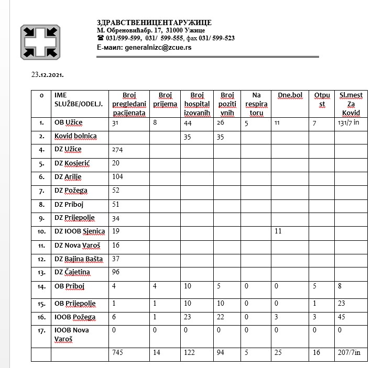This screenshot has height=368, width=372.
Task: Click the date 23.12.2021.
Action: [x=48, y=74]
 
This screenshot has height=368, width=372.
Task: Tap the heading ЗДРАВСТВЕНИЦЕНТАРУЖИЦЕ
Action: [x=154, y=23]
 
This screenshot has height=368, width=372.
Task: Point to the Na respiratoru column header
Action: [x=256, y=104]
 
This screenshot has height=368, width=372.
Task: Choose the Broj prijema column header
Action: [x=165, y=99]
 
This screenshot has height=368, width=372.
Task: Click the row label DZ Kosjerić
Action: [x=72, y=163]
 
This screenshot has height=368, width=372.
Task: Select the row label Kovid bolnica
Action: [x=75, y=136]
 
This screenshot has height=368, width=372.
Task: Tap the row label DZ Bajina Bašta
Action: [x=79, y=259]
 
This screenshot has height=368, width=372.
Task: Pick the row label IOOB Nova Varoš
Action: [x=72, y=334]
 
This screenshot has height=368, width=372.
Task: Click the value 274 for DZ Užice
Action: [x=117, y=150]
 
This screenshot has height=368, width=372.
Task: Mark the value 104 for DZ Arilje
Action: [x=117, y=177]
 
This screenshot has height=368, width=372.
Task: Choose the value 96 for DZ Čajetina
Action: [x=116, y=272]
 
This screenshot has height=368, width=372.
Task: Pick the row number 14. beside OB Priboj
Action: [x=41, y=286]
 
